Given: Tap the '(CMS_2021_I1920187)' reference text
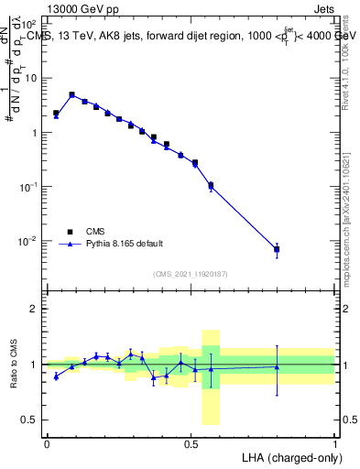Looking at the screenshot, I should click(191, 274).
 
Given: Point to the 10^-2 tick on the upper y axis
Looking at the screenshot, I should click(29, 242).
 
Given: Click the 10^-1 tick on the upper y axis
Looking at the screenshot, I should click(29, 187).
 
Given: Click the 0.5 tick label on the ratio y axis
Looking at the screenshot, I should click(31, 420).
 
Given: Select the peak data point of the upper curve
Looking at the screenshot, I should click(71, 94).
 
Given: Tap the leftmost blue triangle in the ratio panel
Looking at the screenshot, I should click(56, 376).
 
